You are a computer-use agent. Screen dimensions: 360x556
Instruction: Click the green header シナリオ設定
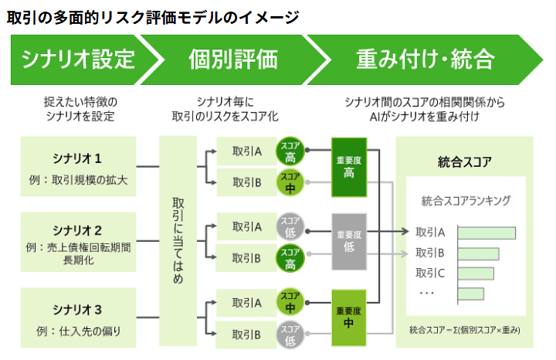point(77,59)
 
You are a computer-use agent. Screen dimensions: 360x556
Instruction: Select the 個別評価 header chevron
point(232,59)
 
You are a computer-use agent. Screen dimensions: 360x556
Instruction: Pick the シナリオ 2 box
point(78,243)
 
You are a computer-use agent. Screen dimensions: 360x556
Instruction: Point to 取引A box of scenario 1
point(247,151)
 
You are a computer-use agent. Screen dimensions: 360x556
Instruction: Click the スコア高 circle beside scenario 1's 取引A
point(291,151)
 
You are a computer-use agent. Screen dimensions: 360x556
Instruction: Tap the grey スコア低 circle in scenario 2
point(291,227)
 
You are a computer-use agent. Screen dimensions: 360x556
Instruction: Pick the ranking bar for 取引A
point(486,233)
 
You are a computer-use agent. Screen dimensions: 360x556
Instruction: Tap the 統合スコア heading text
point(465,162)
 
